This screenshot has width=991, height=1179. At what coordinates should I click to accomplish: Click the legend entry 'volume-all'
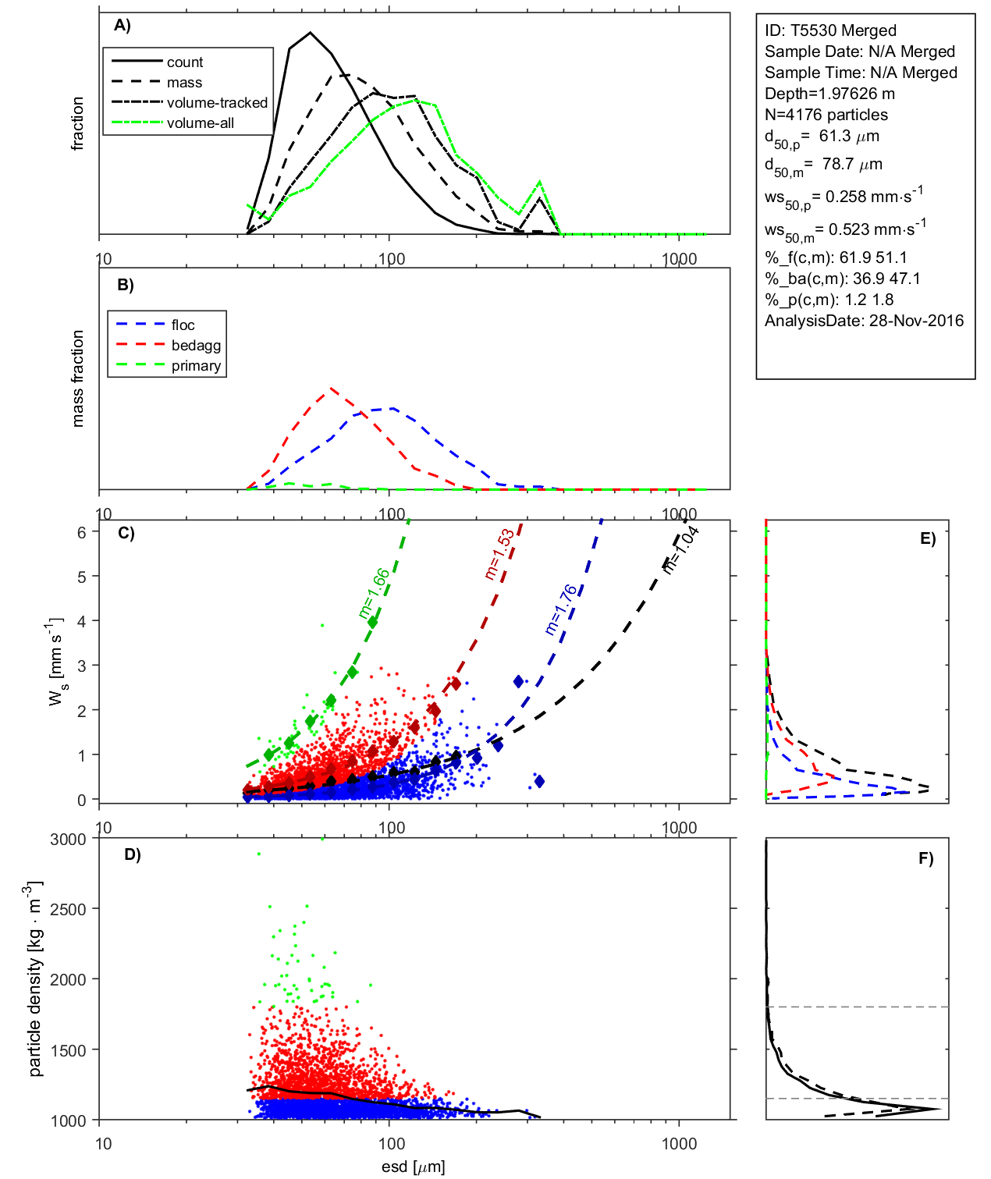[200, 123]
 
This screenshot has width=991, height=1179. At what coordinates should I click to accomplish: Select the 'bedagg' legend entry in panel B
[196, 346]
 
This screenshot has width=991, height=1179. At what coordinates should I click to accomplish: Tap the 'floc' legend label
[183, 325]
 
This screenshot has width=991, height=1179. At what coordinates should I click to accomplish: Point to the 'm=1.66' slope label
[374, 594]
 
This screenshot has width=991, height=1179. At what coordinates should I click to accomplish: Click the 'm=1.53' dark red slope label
[499, 554]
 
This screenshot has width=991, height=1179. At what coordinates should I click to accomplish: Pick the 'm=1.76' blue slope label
[561, 609]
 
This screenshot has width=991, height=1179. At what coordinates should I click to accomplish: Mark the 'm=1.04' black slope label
[680, 549]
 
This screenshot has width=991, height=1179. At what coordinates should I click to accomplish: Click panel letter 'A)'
[123, 26]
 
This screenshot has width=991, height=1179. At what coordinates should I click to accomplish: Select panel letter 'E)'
[927, 538]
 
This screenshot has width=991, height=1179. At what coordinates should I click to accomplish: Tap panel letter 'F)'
[925, 858]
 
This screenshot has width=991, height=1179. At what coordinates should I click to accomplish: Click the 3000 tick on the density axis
[68, 840]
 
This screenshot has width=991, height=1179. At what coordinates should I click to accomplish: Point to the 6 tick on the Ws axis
[81, 532]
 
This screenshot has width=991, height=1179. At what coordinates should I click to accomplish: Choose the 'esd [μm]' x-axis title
[413, 1167]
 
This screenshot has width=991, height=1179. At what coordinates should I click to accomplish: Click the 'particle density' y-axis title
[35, 978]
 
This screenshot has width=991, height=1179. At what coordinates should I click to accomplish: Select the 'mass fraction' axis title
[77, 378]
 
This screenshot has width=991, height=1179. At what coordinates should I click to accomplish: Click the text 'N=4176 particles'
[826, 115]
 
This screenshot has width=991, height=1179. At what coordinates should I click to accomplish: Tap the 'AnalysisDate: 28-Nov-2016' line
[864, 321]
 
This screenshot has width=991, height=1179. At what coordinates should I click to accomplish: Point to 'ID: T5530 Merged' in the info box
[830, 30]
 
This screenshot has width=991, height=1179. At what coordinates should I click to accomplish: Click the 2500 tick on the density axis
[68, 909]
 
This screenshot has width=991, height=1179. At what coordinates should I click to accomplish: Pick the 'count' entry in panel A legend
[184, 62]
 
